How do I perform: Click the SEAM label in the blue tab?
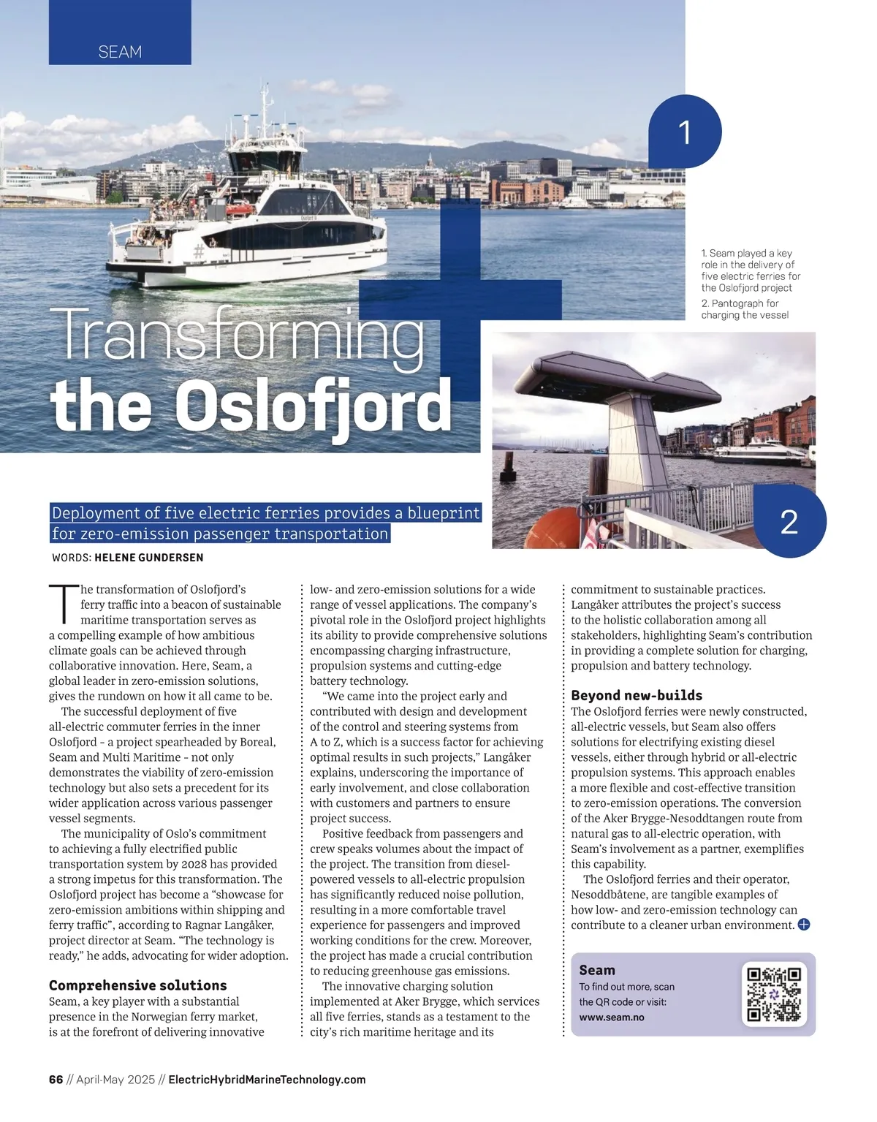coord(120,52)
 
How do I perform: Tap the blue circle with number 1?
coord(685,132)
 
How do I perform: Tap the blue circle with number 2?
coord(789,522)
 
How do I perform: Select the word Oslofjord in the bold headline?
coord(314,406)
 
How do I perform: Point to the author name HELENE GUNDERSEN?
coord(149,558)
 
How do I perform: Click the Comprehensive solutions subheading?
coord(138,985)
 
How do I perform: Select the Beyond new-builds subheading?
coord(637,695)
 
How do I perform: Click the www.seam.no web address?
coord(612,1017)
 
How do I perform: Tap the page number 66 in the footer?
coord(56,1080)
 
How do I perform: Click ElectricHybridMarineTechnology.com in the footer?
coord(267,1080)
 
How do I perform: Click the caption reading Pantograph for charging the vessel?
coord(745,309)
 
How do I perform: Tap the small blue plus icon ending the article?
coord(803,925)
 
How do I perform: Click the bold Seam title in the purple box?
coord(597,970)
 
